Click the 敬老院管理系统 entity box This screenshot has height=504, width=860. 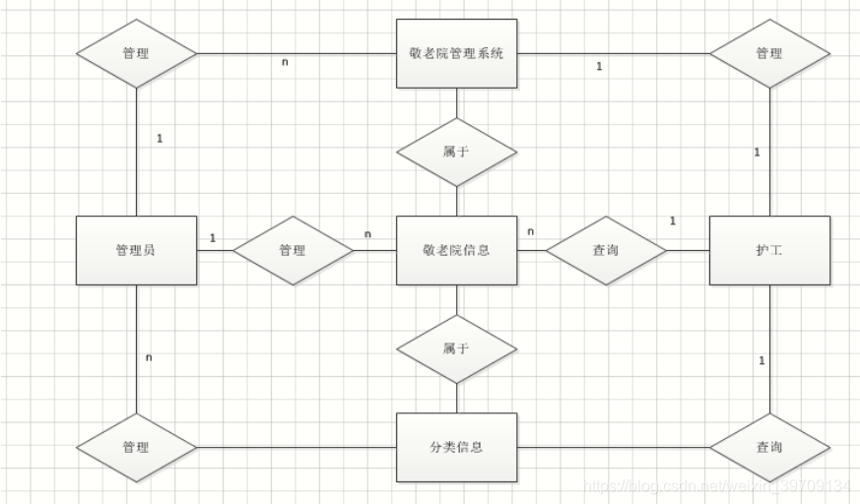coord(456,53)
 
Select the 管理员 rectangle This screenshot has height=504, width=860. coord(136,250)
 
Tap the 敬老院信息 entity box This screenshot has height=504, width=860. coord(456,250)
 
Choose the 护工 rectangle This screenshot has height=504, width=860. coord(769,250)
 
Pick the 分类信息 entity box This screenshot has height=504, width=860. coord(456,447)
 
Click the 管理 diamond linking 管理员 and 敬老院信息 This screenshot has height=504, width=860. coord(293,250)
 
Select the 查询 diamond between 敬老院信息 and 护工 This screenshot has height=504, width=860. coord(606,250)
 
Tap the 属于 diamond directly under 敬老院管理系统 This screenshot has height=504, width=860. coord(456,152)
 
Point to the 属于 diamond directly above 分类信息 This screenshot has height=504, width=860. coord(456,348)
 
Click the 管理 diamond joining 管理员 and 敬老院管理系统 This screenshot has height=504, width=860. coord(136,53)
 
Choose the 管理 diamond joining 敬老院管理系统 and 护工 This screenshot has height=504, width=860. coord(769,53)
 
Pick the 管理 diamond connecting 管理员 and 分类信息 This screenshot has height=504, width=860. coord(136,447)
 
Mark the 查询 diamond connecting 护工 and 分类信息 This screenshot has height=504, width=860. coord(769,447)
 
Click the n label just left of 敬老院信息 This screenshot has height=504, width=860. coord(367,234)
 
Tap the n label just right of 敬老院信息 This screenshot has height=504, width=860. coord(530,231)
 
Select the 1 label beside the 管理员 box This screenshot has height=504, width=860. coord(212,237)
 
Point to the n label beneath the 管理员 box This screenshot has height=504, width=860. coord(148,356)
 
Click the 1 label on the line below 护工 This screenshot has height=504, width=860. coord(761,361)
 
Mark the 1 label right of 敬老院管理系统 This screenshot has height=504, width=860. coord(599,67)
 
